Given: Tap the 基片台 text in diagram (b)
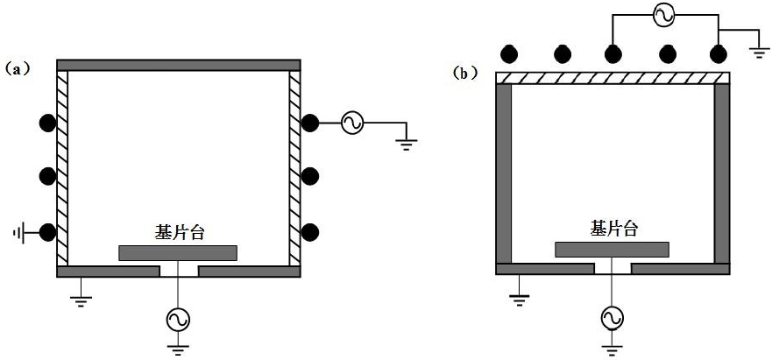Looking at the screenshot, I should pyautogui.click(x=614, y=229).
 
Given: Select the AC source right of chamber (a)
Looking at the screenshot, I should pyautogui.click(x=352, y=124).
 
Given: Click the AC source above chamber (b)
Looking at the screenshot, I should pyautogui.click(x=664, y=13).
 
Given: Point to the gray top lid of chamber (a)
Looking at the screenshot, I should pyautogui.click(x=178, y=65).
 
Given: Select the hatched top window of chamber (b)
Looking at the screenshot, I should pyautogui.click(x=613, y=78).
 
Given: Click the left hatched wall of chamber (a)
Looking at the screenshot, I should pyautogui.click(x=61, y=166).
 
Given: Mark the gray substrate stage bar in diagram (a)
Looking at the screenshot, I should pyautogui.click(x=178, y=253).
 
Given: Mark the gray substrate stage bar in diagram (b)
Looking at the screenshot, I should pyautogui.click(x=613, y=249).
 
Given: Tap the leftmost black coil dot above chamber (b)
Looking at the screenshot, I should pyautogui.click(x=508, y=54).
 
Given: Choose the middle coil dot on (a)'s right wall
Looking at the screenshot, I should pyautogui.click(x=309, y=176).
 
